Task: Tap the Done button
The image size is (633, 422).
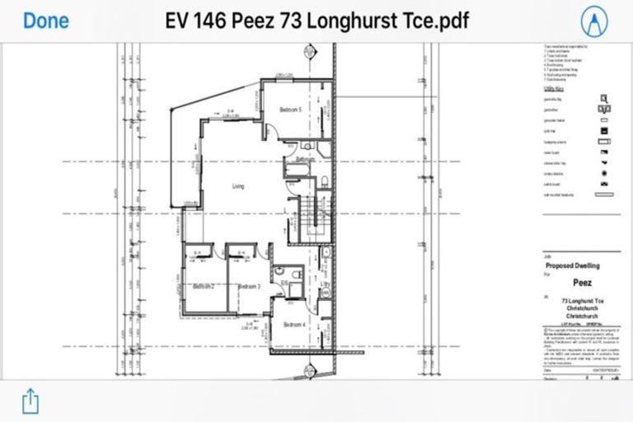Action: point(46,20)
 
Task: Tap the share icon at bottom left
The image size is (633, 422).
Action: point(30,401)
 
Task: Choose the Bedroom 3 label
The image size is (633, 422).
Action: point(249,286)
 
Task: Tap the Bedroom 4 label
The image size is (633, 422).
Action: point(294,325)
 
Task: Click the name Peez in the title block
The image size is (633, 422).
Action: point(581,281)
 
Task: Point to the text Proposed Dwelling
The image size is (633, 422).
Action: point(573,266)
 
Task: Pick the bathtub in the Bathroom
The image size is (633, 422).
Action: point(295,171)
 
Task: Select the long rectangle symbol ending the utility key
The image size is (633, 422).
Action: point(606,195)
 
